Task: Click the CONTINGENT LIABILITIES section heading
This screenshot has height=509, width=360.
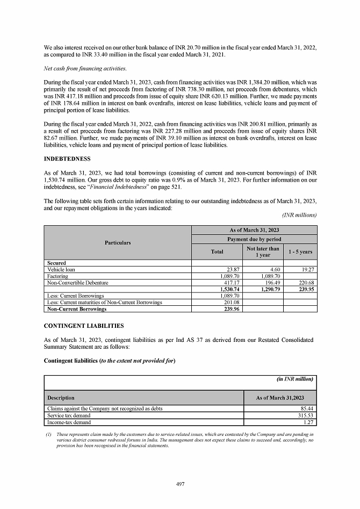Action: [x=84, y=326]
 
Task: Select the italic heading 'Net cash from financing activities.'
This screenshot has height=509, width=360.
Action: [x=85, y=68]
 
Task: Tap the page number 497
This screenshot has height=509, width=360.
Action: [x=181, y=484]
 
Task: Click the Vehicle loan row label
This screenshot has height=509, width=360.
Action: [x=61, y=270]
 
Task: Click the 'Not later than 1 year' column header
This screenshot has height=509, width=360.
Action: [x=263, y=252]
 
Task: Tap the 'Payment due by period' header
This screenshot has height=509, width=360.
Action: [x=254, y=239]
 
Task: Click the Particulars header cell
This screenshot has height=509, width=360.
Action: [x=117, y=243]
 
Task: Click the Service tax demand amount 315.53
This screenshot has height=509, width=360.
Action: [x=304, y=415]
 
